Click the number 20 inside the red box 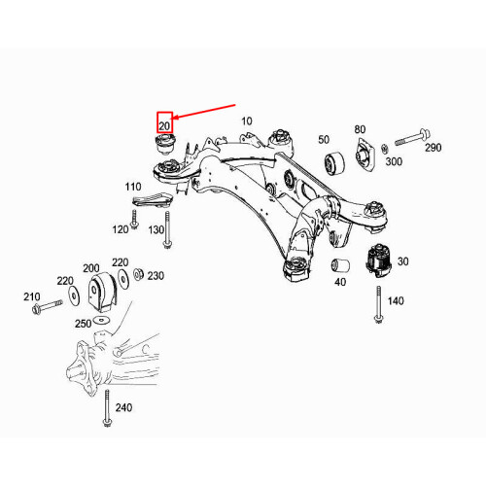(x=164, y=126)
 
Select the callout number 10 (x=247, y=121)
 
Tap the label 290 (x=433, y=146)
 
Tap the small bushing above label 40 (x=340, y=265)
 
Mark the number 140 (x=395, y=302)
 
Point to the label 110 (x=133, y=185)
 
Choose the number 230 (x=156, y=275)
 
